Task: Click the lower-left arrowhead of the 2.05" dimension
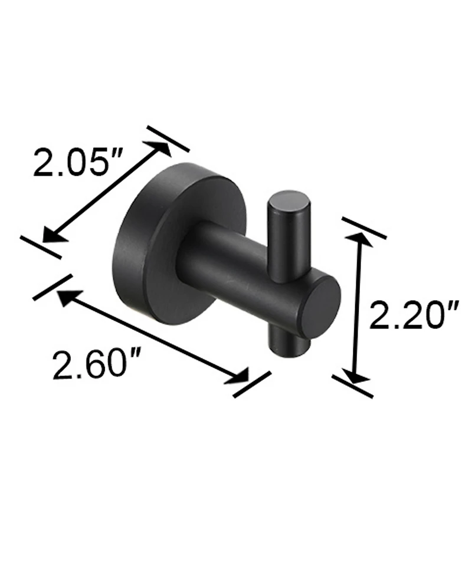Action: pos(51,234)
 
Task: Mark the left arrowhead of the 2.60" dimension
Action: pos(65,297)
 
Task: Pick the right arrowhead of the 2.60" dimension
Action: pos(237,376)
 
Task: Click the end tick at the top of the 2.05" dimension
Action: pos(168,139)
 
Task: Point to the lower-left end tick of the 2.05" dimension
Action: pos(40,246)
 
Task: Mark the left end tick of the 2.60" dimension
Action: pos(53,287)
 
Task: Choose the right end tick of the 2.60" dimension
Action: pos(252,384)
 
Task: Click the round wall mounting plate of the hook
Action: pos(147,248)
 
